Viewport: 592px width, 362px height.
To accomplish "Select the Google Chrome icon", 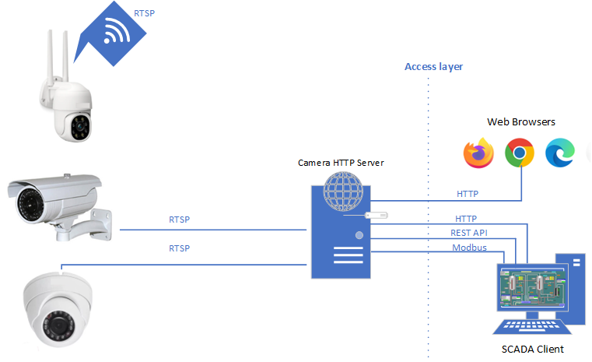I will [x=519, y=153].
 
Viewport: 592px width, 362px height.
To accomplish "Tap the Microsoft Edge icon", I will [x=559, y=153].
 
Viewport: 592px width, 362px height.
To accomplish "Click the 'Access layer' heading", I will [x=433, y=67].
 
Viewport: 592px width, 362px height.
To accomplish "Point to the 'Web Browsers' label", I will [x=520, y=122].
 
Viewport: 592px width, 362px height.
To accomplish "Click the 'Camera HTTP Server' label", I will [x=341, y=163].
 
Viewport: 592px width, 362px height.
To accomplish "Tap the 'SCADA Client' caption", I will [x=532, y=349].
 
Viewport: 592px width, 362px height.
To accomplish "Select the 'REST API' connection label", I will [x=469, y=233].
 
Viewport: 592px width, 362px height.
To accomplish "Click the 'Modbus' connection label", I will [x=469, y=248].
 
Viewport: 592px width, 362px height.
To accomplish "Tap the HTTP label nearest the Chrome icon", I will [x=467, y=194].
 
